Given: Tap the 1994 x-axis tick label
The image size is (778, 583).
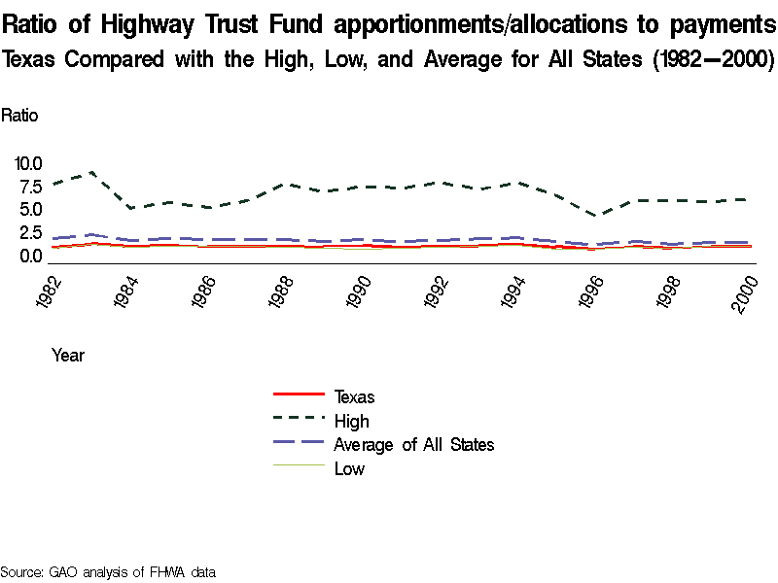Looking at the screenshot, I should click(x=517, y=290).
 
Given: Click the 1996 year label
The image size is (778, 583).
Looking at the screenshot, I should click(x=595, y=290).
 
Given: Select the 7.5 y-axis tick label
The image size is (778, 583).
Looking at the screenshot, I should click(x=29, y=187).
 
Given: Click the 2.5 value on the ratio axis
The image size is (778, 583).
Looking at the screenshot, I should click(x=29, y=233).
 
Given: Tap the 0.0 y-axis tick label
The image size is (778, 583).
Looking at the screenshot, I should click(x=29, y=257).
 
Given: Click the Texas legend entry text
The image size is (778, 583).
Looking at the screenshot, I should click(x=354, y=396).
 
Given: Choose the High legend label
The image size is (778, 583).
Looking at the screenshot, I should click(x=351, y=421).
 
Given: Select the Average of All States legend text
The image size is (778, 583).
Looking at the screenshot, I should click(x=414, y=445).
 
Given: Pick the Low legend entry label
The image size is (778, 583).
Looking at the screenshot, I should click(x=349, y=469).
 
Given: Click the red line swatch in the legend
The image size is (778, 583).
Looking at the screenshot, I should click(x=299, y=394).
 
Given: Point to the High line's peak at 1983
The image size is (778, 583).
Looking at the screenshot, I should click(x=91, y=172).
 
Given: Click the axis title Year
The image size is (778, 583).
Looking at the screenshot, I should click(x=68, y=356).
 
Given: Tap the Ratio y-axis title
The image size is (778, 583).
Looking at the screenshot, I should click(x=19, y=115).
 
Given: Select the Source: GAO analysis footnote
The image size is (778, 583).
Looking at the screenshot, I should click(x=107, y=571).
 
